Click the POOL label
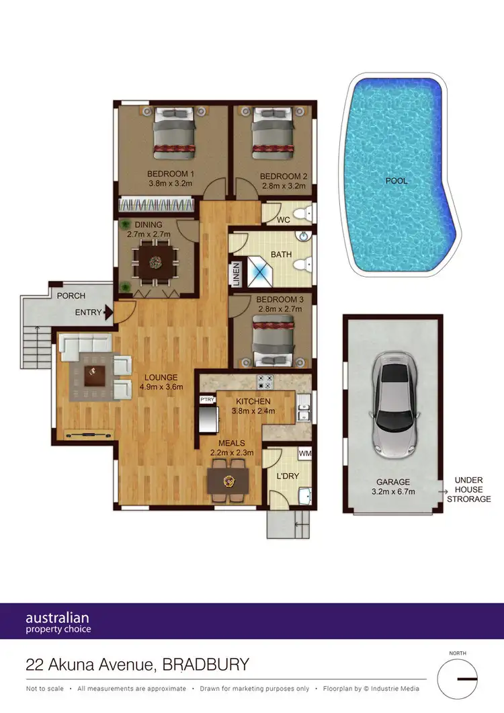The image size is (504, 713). (396, 181)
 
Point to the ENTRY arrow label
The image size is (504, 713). (89, 312)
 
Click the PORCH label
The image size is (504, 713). (71, 296)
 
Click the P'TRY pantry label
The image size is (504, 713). (206, 400)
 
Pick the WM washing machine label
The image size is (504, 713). (304, 455)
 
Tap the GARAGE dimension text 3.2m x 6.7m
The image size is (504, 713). (392, 492)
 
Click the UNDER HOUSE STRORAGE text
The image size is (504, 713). (472, 489)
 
